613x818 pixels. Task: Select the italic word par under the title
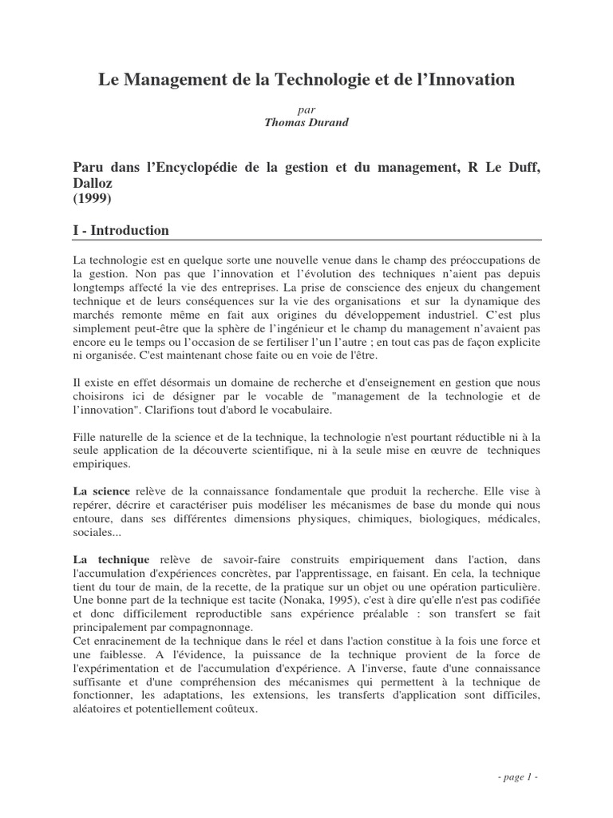click(306, 109)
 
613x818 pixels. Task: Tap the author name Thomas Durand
click(306, 122)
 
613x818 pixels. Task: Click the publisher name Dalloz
click(93, 182)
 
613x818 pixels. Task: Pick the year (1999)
click(91, 198)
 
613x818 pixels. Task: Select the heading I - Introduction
click(121, 230)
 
